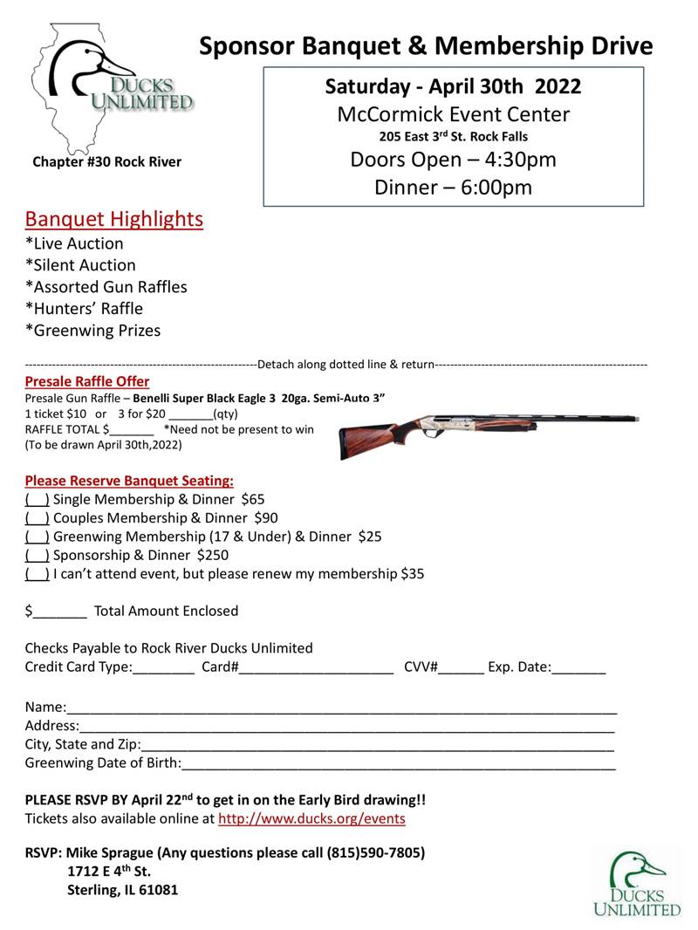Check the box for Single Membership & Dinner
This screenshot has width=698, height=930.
click(x=37, y=499)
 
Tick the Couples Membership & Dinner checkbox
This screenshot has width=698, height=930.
click(x=37, y=517)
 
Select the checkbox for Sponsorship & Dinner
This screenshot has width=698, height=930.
click(x=37, y=555)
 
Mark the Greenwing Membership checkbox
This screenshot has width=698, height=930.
click(x=37, y=537)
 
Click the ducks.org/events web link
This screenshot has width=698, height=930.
click(x=311, y=819)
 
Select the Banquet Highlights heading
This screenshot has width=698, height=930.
click(x=113, y=218)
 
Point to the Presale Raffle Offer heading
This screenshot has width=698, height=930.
click(x=86, y=381)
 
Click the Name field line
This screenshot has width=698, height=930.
click(x=340, y=707)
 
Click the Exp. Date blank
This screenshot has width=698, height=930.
click(x=578, y=668)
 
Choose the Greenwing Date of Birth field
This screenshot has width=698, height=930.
click(x=398, y=764)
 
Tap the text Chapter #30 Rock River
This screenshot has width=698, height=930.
click(x=106, y=161)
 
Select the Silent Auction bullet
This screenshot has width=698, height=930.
click(x=80, y=265)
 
